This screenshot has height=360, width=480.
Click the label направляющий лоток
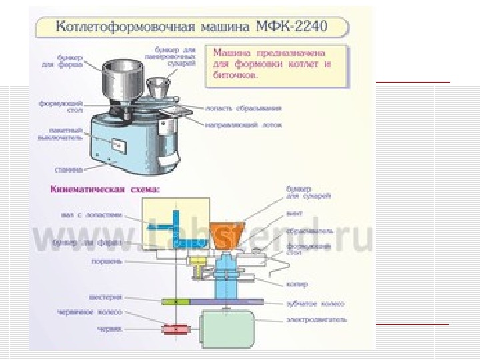244,124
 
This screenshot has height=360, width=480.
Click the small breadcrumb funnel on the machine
157,85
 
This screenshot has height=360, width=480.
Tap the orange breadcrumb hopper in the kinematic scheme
225,233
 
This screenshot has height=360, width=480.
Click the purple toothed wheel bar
227,302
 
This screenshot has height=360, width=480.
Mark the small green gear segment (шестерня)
174,302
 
